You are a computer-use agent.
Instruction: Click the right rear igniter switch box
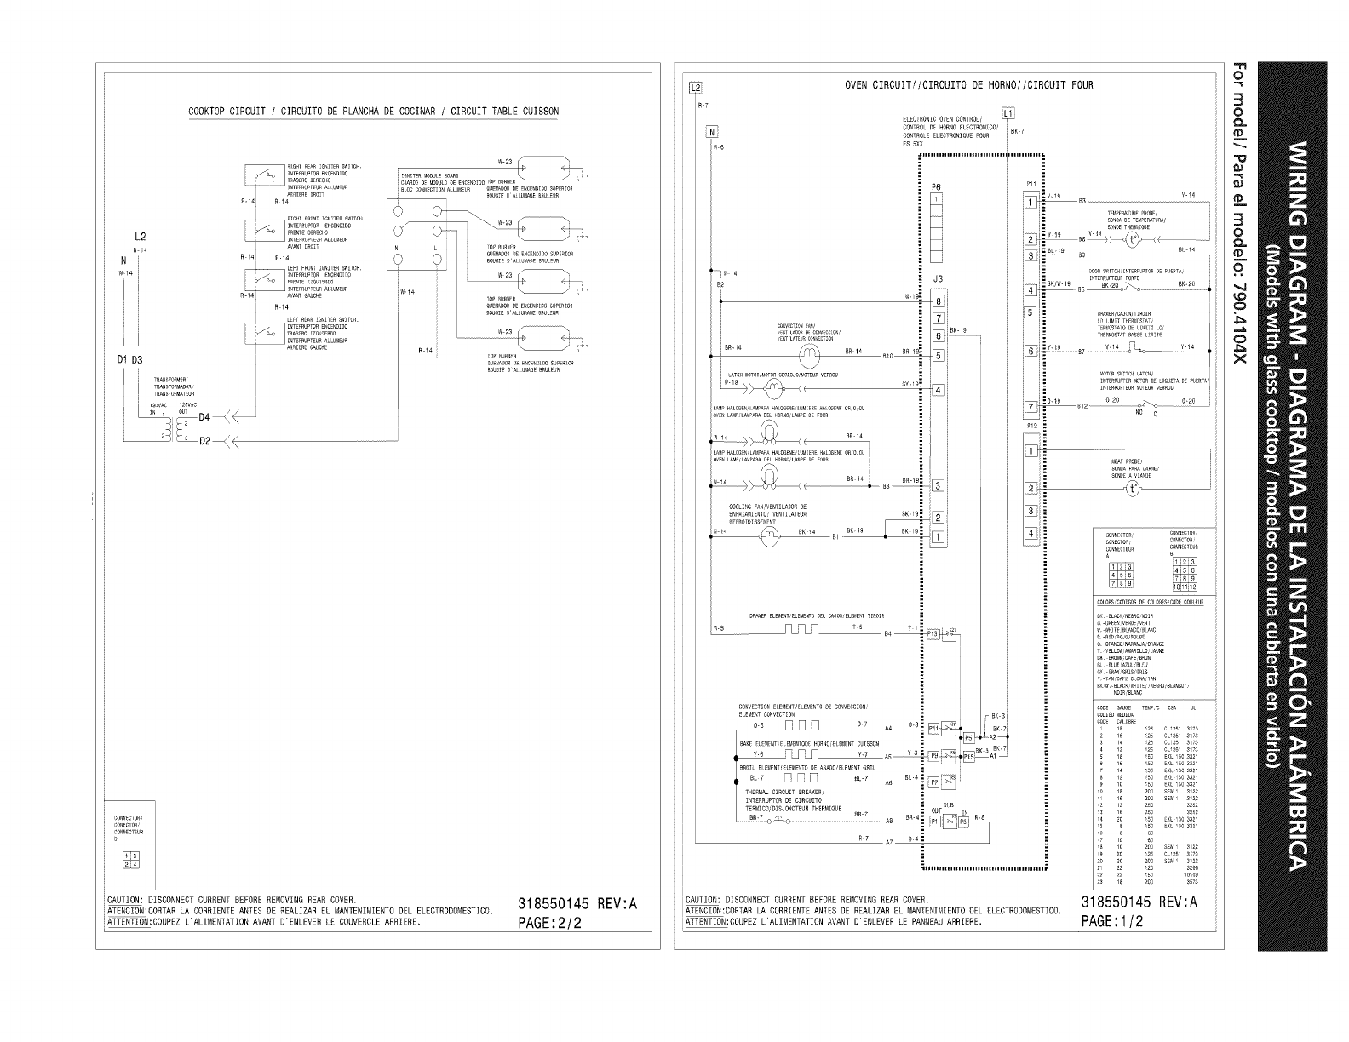[261, 175]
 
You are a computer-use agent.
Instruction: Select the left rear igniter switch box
[261, 331]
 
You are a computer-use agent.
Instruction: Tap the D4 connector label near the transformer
[204, 417]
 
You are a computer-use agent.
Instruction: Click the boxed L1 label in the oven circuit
[1008, 112]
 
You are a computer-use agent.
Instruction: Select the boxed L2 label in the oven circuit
[695, 88]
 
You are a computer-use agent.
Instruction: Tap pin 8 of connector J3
[939, 301]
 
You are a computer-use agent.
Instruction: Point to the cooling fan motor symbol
[769, 535]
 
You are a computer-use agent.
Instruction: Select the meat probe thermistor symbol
[1133, 488]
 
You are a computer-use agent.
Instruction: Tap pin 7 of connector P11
[1030, 407]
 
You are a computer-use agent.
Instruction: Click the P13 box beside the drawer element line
[931, 633]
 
